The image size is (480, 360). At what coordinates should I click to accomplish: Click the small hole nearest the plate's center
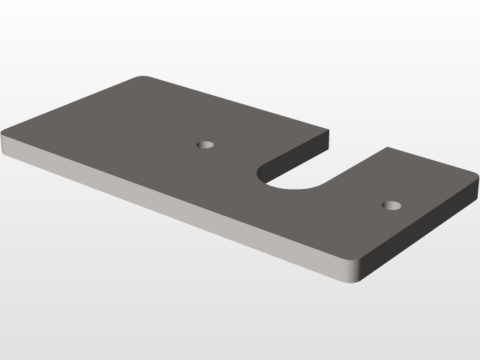click(x=205, y=143)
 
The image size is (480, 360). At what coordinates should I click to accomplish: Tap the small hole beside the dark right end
click(x=391, y=205)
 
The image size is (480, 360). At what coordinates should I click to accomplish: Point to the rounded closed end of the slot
click(x=267, y=178)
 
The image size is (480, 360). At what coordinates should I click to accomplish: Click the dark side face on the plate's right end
click(x=420, y=232)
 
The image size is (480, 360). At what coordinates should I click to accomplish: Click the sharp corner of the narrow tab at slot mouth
click(x=387, y=148)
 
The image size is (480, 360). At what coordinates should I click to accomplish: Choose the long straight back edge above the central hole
click(x=232, y=102)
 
